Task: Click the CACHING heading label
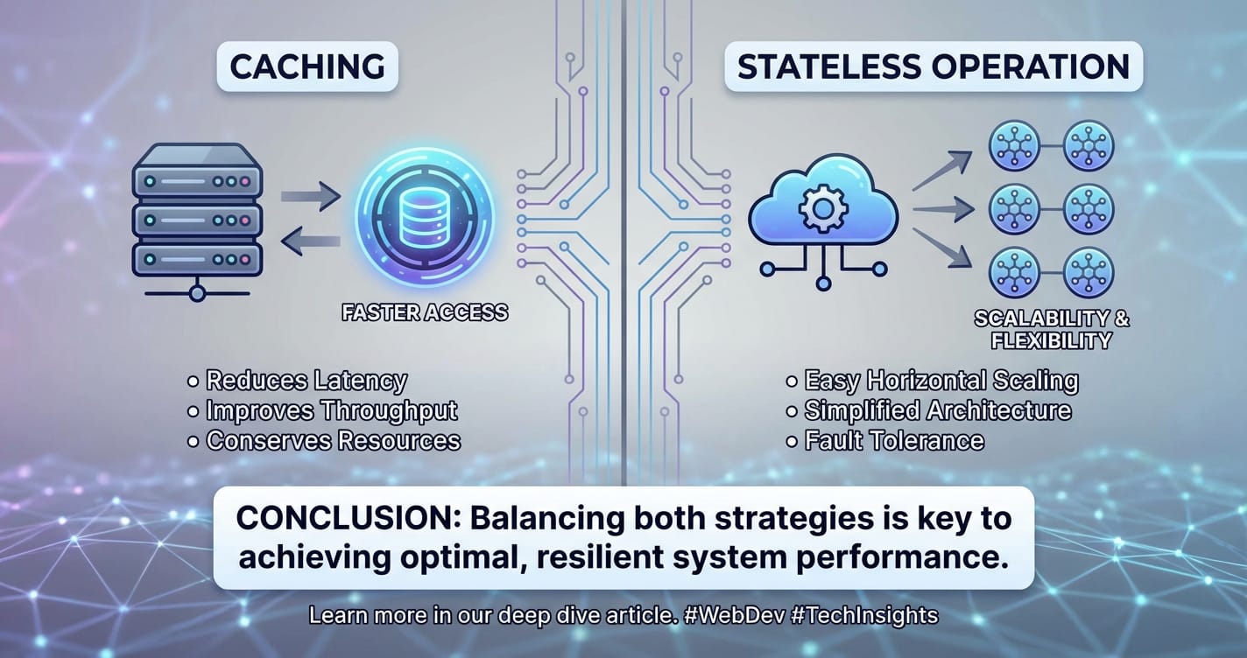click(307, 66)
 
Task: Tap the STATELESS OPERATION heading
click(933, 66)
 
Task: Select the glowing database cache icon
click(424, 218)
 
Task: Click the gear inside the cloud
click(823, 208)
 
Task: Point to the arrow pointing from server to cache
click(311, 196)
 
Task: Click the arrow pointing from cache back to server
click(311, 241)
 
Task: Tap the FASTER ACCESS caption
click(425, 312)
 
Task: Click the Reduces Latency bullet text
click(306, 381)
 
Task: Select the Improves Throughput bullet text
click(332, 411)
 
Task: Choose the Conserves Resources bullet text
click(333, 440)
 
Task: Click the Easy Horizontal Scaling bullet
click(941, 381)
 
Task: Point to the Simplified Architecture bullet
click(938, 411)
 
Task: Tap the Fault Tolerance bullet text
click(894, 440)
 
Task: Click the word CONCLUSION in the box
click(350, 518)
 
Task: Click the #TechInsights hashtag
click(864, 615)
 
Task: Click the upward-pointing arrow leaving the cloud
click(942, 171)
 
